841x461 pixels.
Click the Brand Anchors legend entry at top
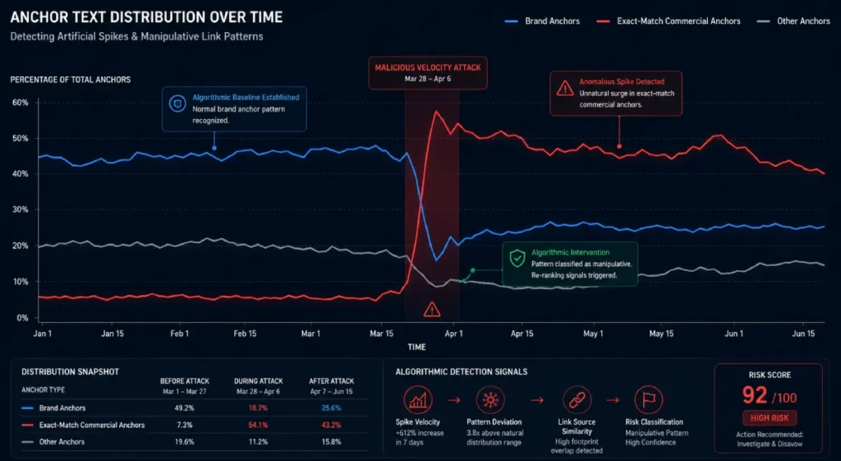tap(542, 21)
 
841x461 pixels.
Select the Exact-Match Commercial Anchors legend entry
tap(669, 21)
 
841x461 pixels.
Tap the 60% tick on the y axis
tap(21, 103)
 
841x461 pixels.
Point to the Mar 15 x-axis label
tap(381, 334)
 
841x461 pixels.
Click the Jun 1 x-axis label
tap(733, 334)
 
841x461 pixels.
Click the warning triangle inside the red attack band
tap(432, 310)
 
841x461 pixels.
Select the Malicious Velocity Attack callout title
tap(428, 67)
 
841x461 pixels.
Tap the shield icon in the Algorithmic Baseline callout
tap(177, 103)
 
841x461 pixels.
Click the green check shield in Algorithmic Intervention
tap(517, 259)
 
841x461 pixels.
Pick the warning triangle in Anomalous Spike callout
tap(565, 89)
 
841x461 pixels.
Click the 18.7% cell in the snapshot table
tap(258, 408)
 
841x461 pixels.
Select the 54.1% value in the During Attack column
tap(258, 425)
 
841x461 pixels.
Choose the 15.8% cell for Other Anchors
tap(332, 442)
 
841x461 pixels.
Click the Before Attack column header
tap(185, 381)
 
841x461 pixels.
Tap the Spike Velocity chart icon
tap(418, 400)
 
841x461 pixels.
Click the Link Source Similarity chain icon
tap(577, 400)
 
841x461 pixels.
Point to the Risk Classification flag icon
tap(649, 400)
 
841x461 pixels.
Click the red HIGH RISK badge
tap(770, 418)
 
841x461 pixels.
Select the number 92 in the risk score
tap(755, 395)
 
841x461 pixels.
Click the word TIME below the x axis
tap(416, 348)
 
